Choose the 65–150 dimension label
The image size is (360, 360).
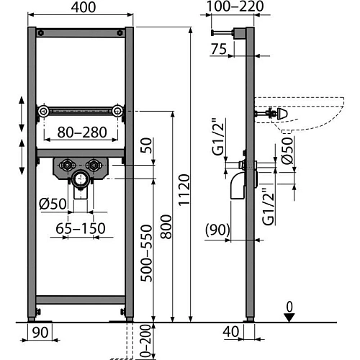tap(81, 228)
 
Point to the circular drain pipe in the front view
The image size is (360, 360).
tap(81, 179)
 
